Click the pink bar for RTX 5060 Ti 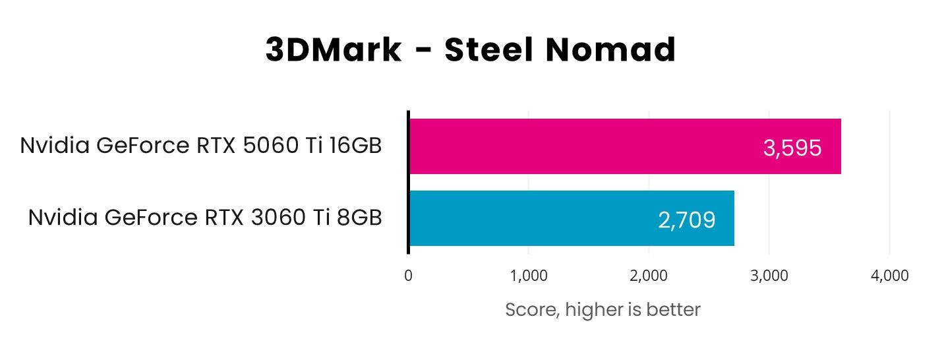coord(593,146)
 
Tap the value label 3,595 coord(792,148)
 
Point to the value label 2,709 coord(686,220)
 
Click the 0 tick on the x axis coord(409,276)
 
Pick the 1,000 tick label coord(528,276)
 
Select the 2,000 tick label coord(649,276)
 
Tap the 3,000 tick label coord(769,276)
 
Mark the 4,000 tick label coord(889,276)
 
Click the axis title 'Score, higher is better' coord(603,309)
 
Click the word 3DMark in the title coord(334,51)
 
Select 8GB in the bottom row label coord(360,218)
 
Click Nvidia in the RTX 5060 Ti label coord(54,146)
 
